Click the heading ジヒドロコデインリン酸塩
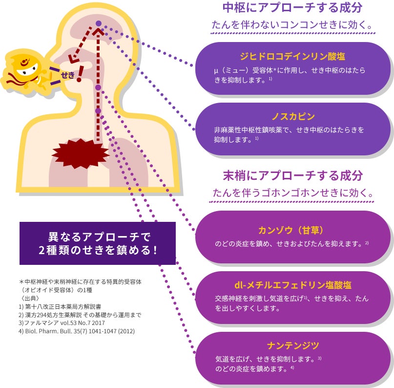292,56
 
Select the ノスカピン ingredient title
293,116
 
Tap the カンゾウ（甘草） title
290,230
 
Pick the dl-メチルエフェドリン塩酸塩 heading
293,285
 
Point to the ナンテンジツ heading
293,345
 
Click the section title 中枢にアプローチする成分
292,7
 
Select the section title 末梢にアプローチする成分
293,175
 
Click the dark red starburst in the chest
81,153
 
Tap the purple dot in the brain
99,23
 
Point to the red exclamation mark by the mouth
80,74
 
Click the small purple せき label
68,75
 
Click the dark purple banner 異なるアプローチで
98,243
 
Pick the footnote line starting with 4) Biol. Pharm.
77,331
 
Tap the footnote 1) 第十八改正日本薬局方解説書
60,306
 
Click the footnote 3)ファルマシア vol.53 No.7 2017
62,323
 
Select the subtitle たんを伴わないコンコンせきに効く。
292,25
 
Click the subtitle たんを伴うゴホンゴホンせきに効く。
292,193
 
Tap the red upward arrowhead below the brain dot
99,32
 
